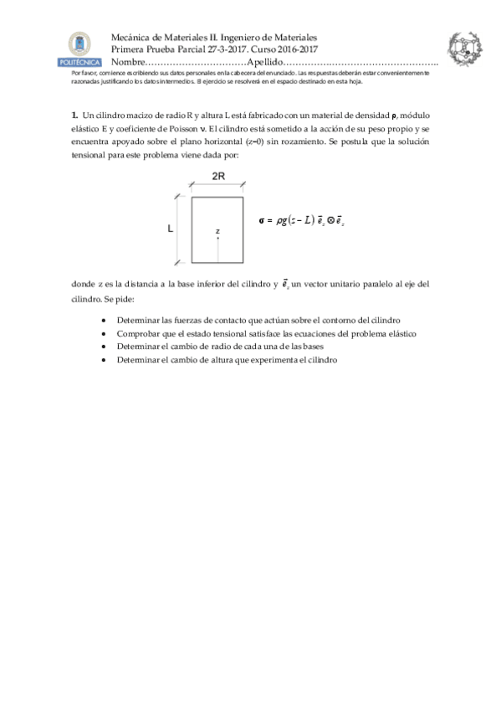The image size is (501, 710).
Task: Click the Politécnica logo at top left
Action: pyautogui.click(x=79, y=49)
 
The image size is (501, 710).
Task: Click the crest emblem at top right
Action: pyautogui.click(x=463, y=50)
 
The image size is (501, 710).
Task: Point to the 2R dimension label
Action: pyautogui.click(x=217, y=177)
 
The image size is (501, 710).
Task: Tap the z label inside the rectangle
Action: pyautogui.click(x=217, y=230)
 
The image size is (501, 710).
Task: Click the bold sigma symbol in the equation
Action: pyautogui.click(x=263, y=221)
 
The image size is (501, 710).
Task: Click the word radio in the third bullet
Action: pyautogui.click(x=218, y=346)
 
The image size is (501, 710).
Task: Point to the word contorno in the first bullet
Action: pyautogui.click(x=335, y=320)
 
